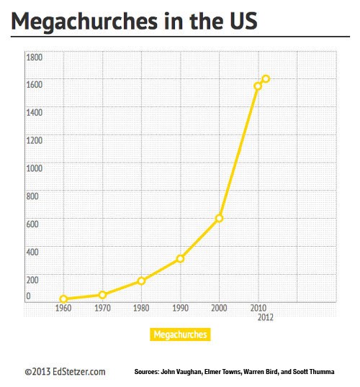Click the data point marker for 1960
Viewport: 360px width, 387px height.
click(x=63, y=299)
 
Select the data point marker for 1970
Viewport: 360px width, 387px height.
click(x=102, y=295)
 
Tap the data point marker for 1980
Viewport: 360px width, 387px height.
click(x=141, y=281)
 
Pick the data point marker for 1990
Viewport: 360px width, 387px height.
click(x=181, y=259)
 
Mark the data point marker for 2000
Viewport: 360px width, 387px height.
click(x=219, y=218)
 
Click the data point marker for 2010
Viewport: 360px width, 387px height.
click(x=258, y=86)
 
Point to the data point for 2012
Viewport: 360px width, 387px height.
click(x=266, y=78)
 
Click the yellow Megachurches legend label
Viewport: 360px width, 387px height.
click(x=180, y=334)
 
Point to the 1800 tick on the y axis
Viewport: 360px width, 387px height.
click(x=35, y=58)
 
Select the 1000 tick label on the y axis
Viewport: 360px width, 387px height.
click(x=35, y=168)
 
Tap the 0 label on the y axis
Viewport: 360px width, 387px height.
click(x=28, y=296)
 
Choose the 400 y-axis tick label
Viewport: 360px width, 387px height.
click(x=32, y=252)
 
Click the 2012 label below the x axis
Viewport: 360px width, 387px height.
click(x=266, y=317)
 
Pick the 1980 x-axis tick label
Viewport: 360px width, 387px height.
click(x=141, y=308)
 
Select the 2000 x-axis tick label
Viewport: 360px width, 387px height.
click(x=219, y=308)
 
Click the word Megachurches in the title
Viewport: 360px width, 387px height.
click(x=84, y=22)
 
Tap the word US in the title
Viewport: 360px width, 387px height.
click(x=244, y=21)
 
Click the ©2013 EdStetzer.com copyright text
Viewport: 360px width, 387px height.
click(x=65, y=372)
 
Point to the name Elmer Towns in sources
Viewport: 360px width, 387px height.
click(x=222, y=372)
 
